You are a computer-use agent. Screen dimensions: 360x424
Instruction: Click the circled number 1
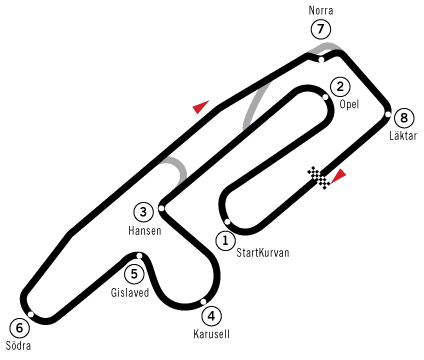point(225,241)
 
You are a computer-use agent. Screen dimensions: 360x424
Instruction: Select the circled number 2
point(340,87)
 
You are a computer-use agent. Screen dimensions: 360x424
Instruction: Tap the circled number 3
point(143,212)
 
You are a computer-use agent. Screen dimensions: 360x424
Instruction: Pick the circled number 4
point(211,316)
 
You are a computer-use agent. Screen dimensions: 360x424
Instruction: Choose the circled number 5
point(134,274)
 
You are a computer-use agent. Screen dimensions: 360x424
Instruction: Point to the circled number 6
point(19,328)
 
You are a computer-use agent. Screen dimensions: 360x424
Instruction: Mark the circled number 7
point(320,29)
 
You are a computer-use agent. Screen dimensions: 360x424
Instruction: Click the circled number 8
point(403,118)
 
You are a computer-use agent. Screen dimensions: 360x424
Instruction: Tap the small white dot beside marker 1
point(228,221)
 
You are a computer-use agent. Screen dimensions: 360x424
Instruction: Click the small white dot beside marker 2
point(325,97)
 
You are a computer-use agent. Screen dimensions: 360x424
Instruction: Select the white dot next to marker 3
point(161,209)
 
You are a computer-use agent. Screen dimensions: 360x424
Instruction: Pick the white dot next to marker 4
point(203,301)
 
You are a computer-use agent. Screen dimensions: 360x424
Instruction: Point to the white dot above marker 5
point(139,256)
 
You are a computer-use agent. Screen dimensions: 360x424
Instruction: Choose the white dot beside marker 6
point(31,314)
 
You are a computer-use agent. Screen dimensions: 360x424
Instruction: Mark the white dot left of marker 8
point(388,114)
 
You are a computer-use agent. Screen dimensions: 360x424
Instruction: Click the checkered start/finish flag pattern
point(318,179)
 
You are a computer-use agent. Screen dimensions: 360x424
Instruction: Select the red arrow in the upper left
point(201,106)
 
